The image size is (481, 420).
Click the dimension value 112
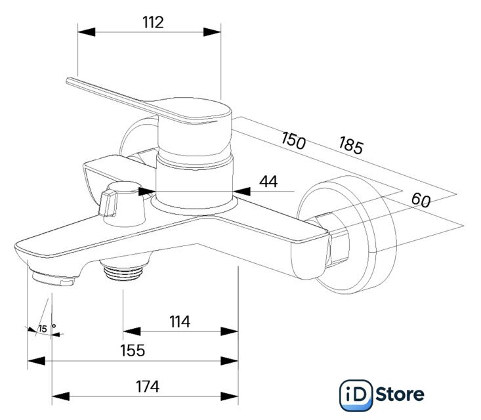(152, 22)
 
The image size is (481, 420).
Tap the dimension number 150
(293, 140)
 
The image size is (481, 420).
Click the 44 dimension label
(267, 182)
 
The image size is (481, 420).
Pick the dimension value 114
(178, 322)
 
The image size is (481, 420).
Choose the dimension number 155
(132, 350)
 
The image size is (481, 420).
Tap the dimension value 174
(147, 387)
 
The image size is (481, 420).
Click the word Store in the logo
(400, 394)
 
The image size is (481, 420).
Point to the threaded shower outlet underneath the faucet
(123, 270)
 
